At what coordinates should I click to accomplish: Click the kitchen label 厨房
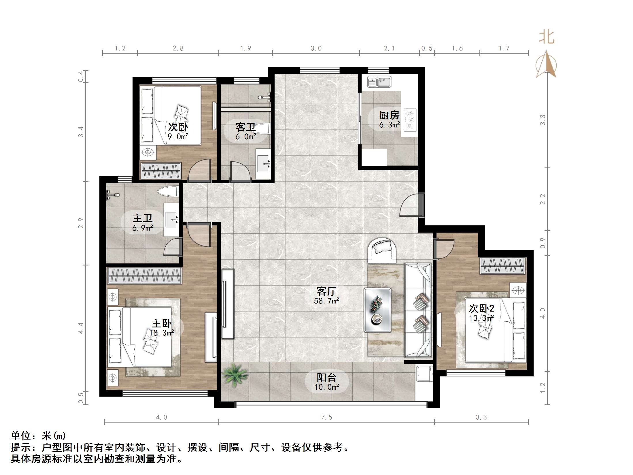[x=389, y=115]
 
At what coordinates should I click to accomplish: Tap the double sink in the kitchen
[x=379, y=82]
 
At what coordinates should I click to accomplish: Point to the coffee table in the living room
[x=377, y=310]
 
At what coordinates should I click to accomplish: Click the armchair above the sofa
[x=382, y=250]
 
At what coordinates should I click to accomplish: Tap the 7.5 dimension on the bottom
[x=326, y=417]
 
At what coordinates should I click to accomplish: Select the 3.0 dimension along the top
[x=316, y=48]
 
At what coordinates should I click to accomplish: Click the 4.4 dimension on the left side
[x=81, y=328]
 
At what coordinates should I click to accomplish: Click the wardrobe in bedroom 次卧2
[x=502, y=266]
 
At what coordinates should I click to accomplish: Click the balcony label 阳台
[x=326, y=377]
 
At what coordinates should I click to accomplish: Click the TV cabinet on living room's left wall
[x=228, y=304]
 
